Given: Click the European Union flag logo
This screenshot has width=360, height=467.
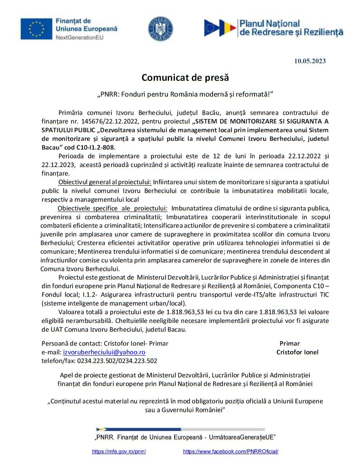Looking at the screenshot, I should coord(36,29).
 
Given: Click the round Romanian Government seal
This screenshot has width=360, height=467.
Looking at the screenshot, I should coord(160,29).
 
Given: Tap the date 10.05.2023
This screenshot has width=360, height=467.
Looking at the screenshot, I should coord(310,61).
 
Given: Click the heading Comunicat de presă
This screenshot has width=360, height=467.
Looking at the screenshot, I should coord(185,77).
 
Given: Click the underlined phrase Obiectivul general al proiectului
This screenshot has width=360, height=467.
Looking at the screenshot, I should coord(105,182).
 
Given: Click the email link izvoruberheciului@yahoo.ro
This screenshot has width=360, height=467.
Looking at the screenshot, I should coord(104,352).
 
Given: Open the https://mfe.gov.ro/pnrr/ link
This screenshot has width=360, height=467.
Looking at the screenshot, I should coord(119,451).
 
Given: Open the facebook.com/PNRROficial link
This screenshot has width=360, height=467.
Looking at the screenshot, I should coord(231,451).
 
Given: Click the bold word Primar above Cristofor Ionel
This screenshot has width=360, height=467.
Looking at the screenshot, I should coord(289,343).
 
